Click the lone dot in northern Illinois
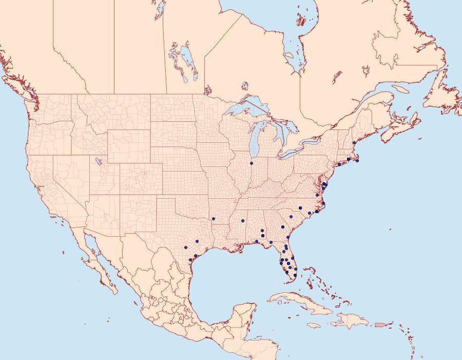click(252, 163)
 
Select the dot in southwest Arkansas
click(213, 219)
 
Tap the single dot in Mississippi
click(242, 221)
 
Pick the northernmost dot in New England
click(354, 143)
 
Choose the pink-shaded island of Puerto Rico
click(380, 324)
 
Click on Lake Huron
click(280, 131)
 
